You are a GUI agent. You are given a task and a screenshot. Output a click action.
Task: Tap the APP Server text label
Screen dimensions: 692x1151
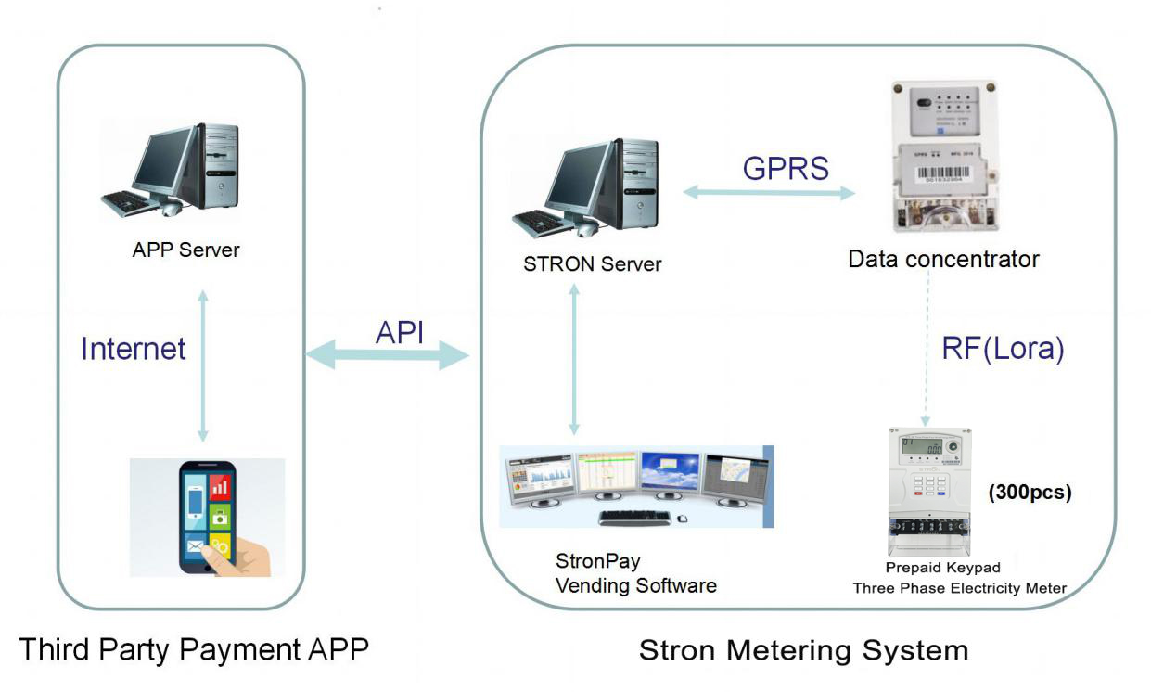pyautogui.click(x=185, y=250)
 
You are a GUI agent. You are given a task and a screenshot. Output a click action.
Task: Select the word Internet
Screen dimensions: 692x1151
pyautogui.click(x=134, y=349)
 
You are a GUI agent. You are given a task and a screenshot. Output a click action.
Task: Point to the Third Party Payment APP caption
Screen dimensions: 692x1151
pyautogui.click(x=193, y=649)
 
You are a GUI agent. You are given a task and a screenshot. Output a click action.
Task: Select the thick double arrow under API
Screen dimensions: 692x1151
pyautogui.click(x=388, y=355)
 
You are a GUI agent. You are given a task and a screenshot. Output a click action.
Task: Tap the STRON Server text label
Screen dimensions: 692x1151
pyautogui.click(x=592, y=264)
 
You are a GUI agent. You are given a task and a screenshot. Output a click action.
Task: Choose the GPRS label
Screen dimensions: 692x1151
pyautogui.click(x=786, y=167)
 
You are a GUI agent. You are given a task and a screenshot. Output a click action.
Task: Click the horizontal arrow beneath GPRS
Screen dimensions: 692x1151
pyautogui.click(x=769, y=193)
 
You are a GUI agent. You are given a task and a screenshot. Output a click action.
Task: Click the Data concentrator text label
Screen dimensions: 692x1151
pyautogui.click(x=943, y=259)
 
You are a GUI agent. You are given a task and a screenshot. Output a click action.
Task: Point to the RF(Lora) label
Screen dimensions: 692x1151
pyautogui.click(x=1003, y=349)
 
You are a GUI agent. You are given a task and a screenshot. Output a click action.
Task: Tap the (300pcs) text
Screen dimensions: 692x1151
pyautogui.click(x=1030, y=493)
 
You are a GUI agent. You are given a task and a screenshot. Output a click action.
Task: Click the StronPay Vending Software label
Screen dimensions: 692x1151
pyautogui.click(x=635, y=573)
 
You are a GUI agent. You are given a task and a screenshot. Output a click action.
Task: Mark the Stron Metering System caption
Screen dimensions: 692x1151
pyautogui.click(x=803, y=650)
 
